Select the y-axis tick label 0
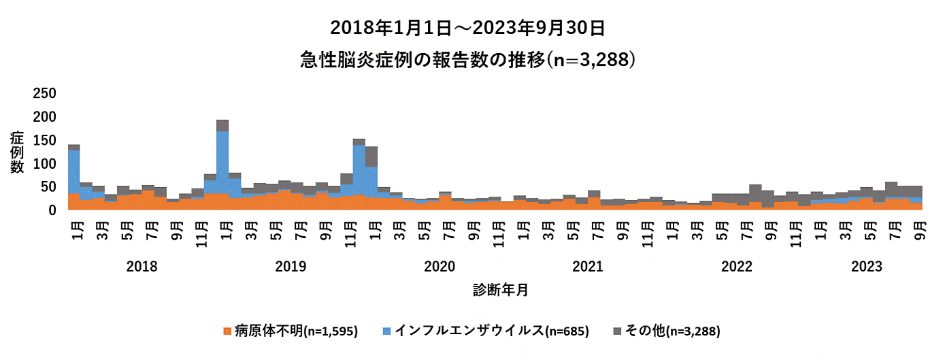point(52,211)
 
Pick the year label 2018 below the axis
point(142,267)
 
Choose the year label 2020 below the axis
point(439,267)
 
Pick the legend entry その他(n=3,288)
point(673,331)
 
